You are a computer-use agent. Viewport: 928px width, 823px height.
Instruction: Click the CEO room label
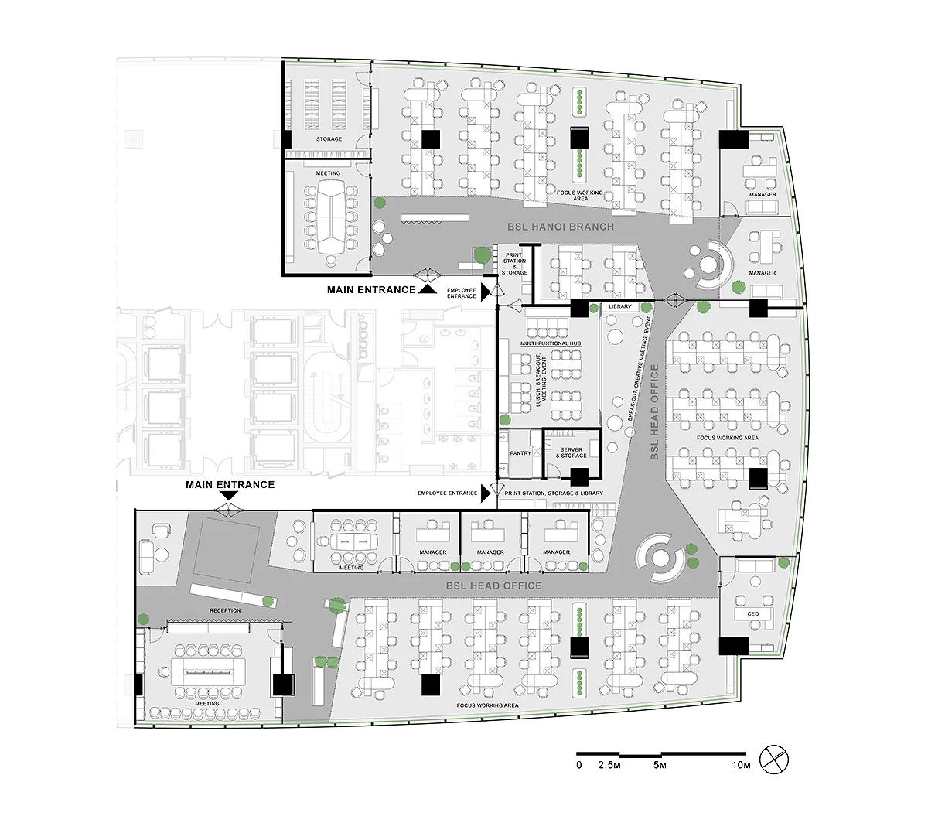752,613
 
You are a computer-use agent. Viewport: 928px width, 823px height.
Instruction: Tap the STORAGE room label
329,139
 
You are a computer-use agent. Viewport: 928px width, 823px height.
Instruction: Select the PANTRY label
520,453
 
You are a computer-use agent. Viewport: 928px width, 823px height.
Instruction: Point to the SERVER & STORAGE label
571,452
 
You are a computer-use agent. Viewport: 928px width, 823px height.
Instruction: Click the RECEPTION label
225,610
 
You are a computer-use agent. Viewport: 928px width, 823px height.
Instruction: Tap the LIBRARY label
619,306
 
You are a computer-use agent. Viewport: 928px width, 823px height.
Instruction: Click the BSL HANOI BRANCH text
561,227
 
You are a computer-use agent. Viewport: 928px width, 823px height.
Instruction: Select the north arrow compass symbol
774,760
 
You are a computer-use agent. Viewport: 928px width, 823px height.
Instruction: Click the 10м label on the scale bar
741,765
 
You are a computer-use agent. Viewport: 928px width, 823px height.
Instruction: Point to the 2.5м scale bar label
609,765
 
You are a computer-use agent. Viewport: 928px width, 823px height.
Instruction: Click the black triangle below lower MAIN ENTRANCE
229,495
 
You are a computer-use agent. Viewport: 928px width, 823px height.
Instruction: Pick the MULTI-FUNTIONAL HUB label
551,343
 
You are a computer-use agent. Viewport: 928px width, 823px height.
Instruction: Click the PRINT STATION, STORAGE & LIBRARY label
554,493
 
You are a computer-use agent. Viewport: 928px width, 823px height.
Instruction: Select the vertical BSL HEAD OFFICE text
654,412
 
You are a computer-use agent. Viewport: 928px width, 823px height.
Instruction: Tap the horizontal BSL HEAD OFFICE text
493,586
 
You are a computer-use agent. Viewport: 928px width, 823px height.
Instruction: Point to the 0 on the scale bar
579,765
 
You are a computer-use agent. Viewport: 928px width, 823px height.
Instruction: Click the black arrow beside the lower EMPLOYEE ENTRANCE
486,493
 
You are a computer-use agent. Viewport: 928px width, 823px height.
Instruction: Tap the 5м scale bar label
660,765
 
